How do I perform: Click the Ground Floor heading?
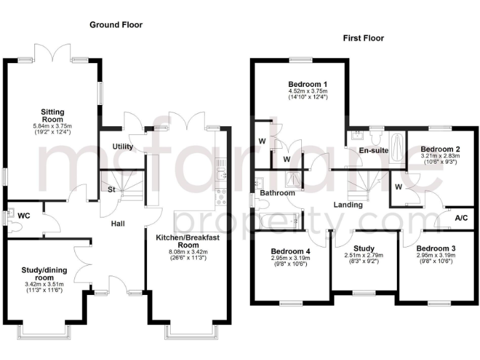pyautogui.click(x=116, y=25)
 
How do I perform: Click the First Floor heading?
pyautogui.click(x=363, y=38)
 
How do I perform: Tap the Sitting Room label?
pyautogui.click(x=53, y=115)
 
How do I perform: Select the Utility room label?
pyautogui.click(x=122, y=146)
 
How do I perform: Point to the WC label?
pyautogui.click(x=24, y=216)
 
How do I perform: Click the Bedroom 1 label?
pyautogui.click(x=307, y=84)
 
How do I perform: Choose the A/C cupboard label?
pyautogui.click(x=462, y=218)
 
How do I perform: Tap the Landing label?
pyautogui.click(x=348, y=204)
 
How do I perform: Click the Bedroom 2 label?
pyautogui.click(x=445, y=149)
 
